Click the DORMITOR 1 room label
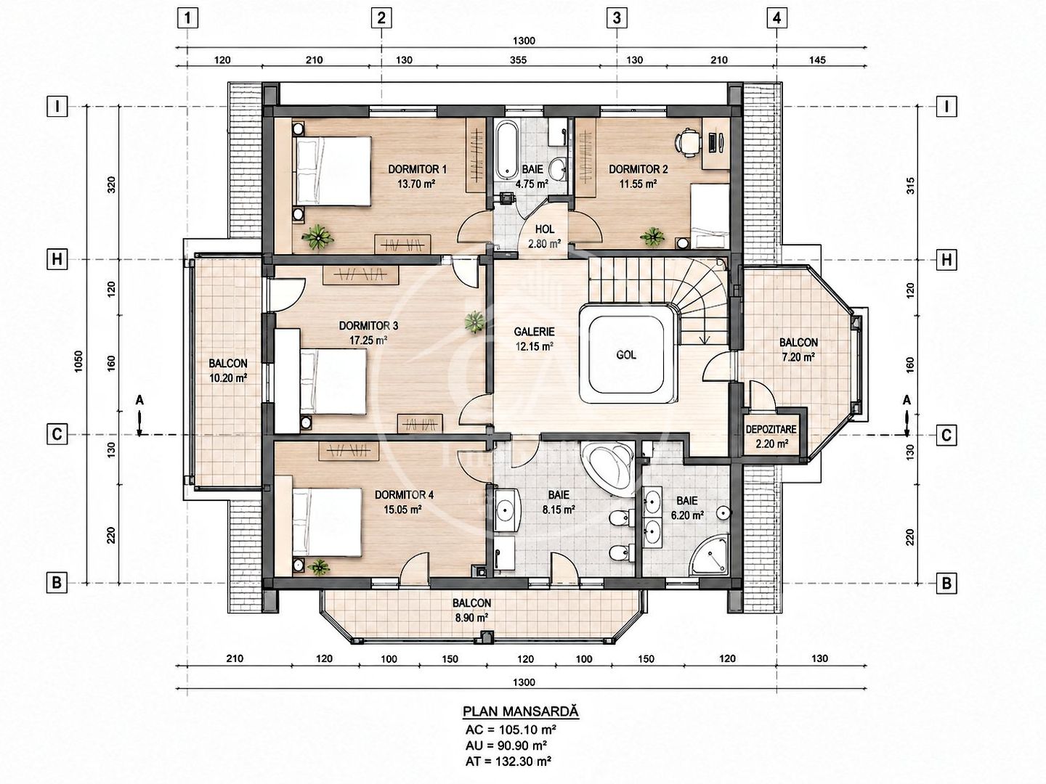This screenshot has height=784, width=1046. tap(417, 169)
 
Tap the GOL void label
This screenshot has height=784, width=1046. tap(625, 355)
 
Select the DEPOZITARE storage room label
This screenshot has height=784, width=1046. tap(771, 429)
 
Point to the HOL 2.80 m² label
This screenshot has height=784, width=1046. tap(544, 236)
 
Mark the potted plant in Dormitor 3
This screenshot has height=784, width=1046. tap(474, 322)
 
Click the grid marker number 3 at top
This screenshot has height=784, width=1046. tap(617, 19)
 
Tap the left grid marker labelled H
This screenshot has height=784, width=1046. tap(57, 259)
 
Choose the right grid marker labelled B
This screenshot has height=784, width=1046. tap(946, 583)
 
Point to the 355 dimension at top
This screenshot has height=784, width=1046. tap(518, 60)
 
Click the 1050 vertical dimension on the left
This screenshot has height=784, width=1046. tap(79, 362)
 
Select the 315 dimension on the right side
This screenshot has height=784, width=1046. tap(909, 185)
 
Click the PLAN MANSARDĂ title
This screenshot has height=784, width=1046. tap(521, 711)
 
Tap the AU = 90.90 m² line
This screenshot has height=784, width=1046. tap(506, 745)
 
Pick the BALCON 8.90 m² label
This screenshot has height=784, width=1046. tap(471, 611)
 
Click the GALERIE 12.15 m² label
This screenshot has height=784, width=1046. tap(534, 339)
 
